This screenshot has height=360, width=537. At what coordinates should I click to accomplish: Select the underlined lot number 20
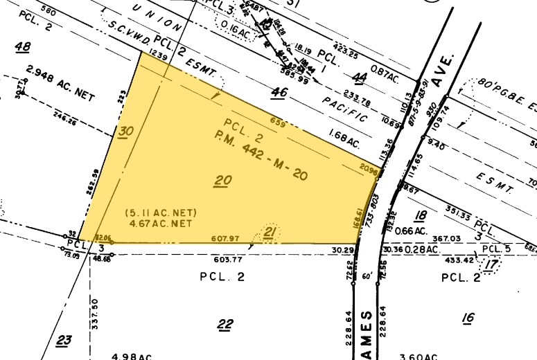(222, 181)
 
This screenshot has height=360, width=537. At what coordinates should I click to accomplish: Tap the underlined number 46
(279, 91)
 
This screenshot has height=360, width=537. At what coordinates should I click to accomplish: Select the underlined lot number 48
(24, 46)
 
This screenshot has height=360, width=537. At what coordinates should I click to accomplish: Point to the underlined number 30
(125, 132)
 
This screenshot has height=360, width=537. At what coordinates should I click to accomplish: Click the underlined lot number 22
(225, 323)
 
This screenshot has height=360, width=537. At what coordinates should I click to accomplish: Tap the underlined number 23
(64, 340)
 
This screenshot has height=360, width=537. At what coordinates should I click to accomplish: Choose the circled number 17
(493, 264)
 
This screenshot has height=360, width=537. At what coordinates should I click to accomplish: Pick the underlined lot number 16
(468, 317)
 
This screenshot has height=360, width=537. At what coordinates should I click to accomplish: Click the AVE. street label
(443, 70)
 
